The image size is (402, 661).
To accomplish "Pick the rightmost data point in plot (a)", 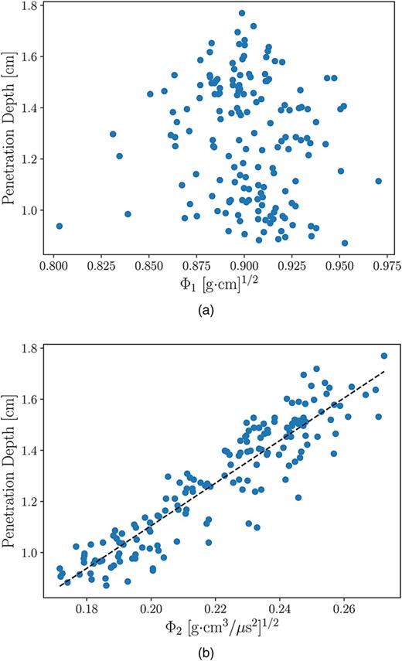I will point(378,181).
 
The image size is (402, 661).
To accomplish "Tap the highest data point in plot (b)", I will point(384,356).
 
